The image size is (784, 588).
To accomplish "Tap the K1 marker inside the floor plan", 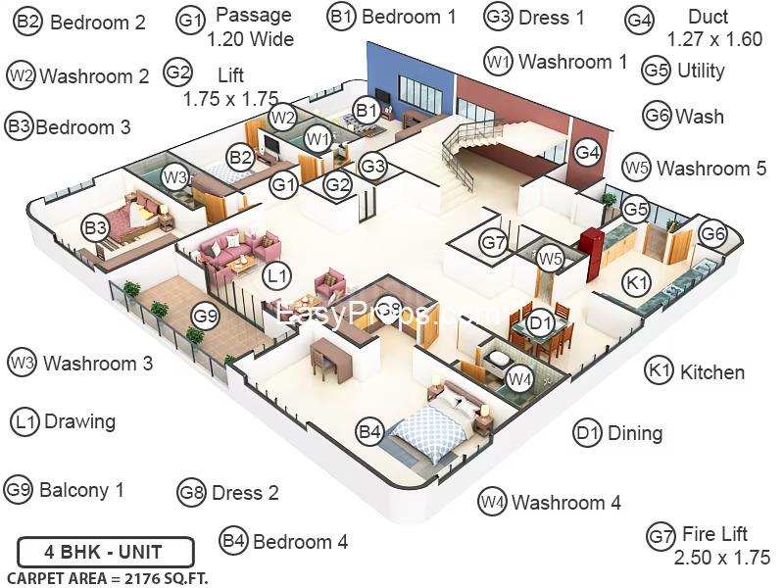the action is (636, 282).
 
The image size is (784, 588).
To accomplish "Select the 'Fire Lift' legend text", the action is (714, 534).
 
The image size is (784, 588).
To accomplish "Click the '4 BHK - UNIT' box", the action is (106, 552).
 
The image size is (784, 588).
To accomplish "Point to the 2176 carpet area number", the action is (143, 578).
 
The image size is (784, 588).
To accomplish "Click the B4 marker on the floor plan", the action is (370, 431).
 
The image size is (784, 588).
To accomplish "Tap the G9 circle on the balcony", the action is (206, 316).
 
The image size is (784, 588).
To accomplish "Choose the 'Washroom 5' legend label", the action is (711, 169).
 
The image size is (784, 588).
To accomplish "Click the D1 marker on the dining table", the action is (540, 323).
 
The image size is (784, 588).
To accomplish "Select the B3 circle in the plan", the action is (96, 228).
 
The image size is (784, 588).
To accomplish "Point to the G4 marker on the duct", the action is (587, 153).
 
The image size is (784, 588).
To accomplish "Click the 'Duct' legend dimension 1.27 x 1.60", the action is (715, 39).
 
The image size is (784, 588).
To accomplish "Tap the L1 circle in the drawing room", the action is (277, 275).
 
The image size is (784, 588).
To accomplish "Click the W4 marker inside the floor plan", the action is (519, 378).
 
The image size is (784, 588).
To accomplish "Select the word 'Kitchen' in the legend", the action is (712, 372).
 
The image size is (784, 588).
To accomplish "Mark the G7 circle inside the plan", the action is (494, 242).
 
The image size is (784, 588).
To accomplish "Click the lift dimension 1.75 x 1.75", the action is (230, 99).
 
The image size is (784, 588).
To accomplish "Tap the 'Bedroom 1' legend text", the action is (409, 17).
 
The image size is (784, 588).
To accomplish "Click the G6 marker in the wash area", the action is (712, 233).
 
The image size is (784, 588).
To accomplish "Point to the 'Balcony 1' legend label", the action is (81, 490).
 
